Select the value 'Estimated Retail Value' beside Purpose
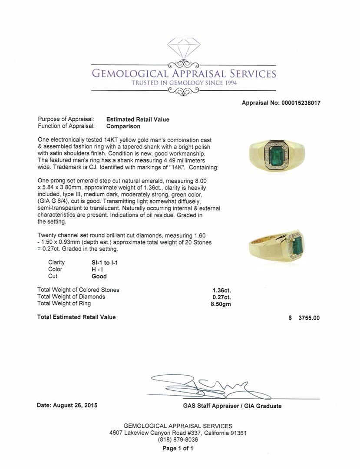pyautogui.click(x=138, y=119)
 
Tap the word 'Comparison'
pyautogui.click(x=123, y=126)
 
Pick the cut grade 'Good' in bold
pyautogui.click(x=99, y=276)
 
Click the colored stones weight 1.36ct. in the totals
pyautogui.click(x=221, y=290)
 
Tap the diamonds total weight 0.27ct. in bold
pyautogui.click(x=221, y=297)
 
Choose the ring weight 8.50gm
pyautogui.click(x=221, y=304)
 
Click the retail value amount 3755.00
pyautogui.click(x=309, y=318)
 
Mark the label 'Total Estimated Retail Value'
pyautogui.click(x=76, y=317)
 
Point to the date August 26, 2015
pyautogui.click(x=67, y=406)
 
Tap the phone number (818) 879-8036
pyautogui.click(x=178, y=439)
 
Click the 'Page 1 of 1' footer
pyautogui.click(x=178, y=449)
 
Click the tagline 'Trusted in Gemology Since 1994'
pyautogui.click(x=184, y=83)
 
